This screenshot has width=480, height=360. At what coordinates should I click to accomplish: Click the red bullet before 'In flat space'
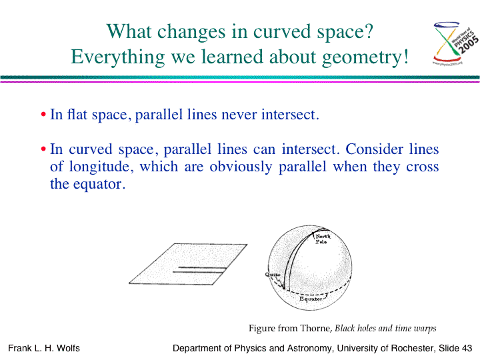(43, 115)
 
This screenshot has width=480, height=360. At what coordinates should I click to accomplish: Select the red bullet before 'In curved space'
(43, 149)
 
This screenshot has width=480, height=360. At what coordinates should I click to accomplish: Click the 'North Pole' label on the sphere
(323, 239)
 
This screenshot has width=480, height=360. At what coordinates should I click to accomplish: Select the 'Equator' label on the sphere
(311, 299)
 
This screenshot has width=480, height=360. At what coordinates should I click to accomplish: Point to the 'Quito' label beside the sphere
(273, 275)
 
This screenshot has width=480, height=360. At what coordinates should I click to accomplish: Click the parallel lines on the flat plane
(199, 270)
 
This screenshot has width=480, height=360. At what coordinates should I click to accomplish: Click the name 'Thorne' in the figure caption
(317, 328)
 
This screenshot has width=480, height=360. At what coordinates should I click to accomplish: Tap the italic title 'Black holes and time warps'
(385, 328)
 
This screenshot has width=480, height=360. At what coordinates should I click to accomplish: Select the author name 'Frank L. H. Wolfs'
(44, 349)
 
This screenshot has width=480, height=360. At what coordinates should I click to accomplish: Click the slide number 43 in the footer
(467, 349)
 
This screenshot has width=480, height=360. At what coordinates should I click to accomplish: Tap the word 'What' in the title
(129, 31)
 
